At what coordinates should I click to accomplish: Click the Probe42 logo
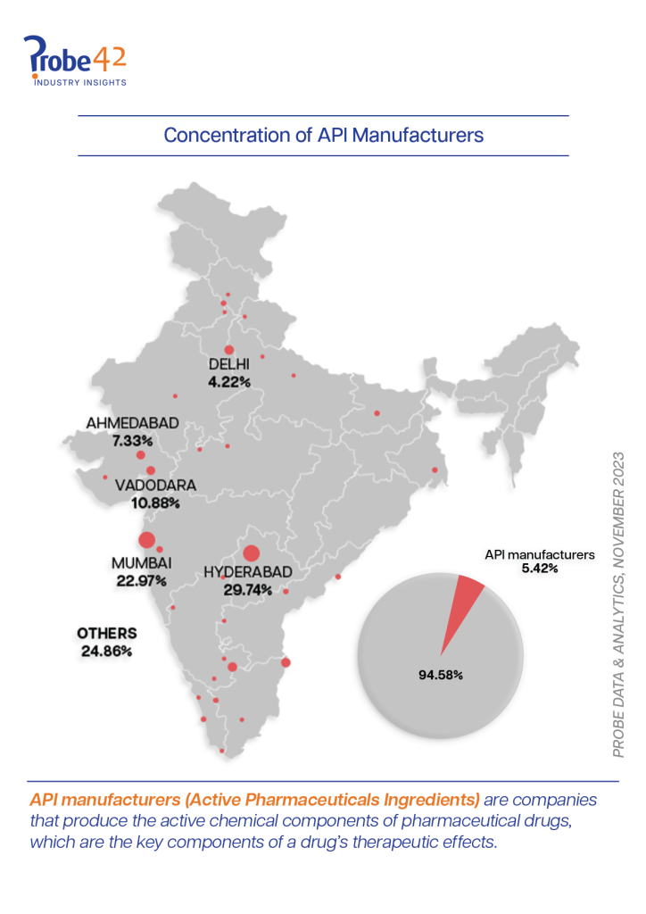pyautogui.click(x=75, y=61)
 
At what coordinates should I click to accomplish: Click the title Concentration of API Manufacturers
pyautogui.click(x=323, y=136)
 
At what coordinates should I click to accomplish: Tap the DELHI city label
pyautogui.click(x=229, y=364)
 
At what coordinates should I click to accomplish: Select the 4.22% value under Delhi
pyautogui.click(x=229, y=381)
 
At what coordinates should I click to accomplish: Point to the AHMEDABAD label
pyautogui.click(x=133, y=423)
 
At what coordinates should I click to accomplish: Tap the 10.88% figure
pyautogui.click(x=156, y=503)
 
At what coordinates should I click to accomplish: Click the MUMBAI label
pyautogui.click(x=141, y=563)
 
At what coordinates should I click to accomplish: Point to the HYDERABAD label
pyautogui.click(x=247, y=570)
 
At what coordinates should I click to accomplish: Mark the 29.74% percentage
pyautogui.click(x=247, y=588)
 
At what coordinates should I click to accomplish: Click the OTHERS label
pyautogui.click(x=106, y=634)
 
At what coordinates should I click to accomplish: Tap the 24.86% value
pyautogui.click(x=106, y=651)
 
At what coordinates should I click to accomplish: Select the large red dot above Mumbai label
pyautogui.click(x=146, y=539)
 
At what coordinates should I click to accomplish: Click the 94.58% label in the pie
pyautogui.click(x=440, y=674)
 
